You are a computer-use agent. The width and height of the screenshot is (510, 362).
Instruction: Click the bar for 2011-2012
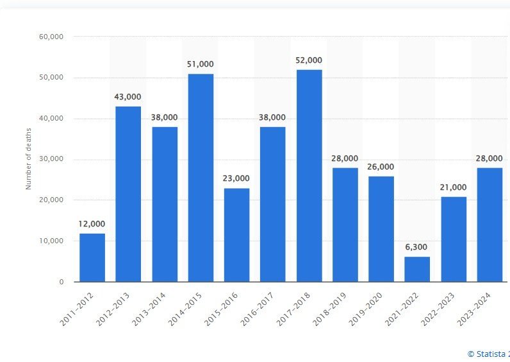[x=92, y=257]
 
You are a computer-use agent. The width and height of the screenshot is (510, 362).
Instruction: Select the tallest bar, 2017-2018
[x=309, y=175]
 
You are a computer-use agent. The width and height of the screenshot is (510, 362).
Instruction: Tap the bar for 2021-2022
[x=417, y=269]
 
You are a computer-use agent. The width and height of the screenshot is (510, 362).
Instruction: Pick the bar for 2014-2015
[x=201, y=177]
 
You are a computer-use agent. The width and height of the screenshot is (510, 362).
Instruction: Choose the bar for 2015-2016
[x=236, y=234]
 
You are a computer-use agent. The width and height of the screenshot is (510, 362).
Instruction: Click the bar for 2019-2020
[x=381, y=228]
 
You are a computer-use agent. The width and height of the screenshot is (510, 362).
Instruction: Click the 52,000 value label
[x=309, y=60]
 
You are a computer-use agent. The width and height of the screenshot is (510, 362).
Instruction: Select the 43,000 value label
[x=128, y=96]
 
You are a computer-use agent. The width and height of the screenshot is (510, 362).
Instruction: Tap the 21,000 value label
[x=453, y=187]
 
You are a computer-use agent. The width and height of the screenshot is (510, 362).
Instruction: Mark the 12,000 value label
[x=92, y=223]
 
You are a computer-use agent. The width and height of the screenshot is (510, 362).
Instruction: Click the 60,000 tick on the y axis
[x=51, y=37]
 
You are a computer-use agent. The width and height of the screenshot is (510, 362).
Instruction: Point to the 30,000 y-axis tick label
[x=51, y=159]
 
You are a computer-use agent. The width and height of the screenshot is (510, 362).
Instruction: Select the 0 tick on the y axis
[x=62, y=282]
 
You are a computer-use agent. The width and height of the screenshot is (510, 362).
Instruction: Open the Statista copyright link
[x=488, y=354]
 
